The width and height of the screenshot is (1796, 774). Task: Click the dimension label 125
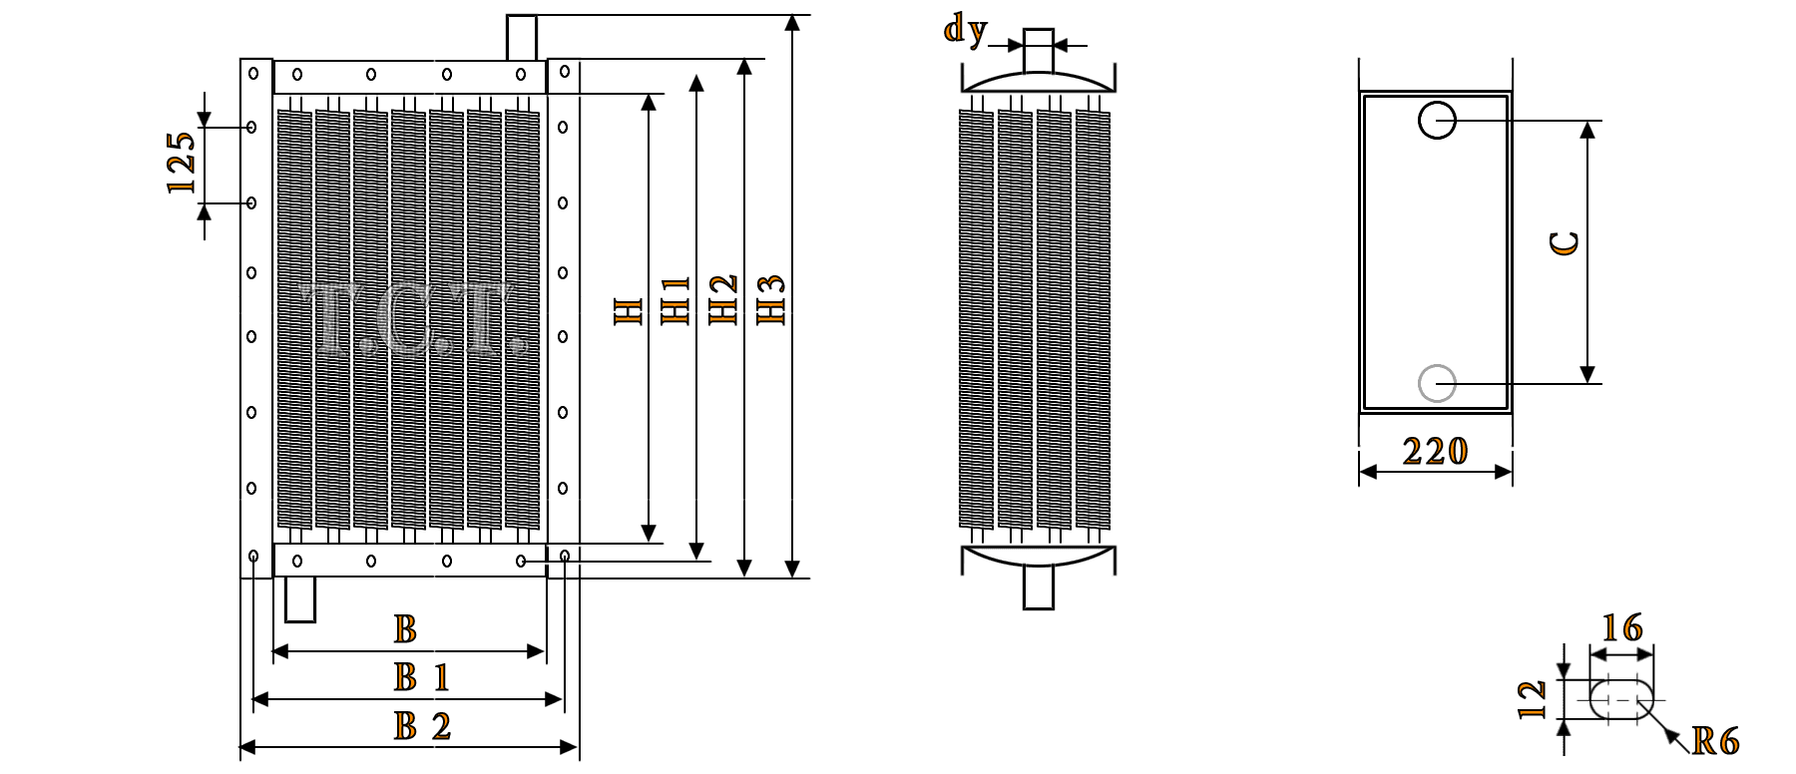tap(182, 163)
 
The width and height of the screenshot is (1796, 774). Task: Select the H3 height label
tap(771, 299)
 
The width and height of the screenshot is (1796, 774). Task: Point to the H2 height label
tap(723, 299)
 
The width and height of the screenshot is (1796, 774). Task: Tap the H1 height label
tap(675, 300)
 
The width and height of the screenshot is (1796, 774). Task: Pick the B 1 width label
tap(421, 678)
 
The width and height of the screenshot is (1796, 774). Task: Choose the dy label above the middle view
tap(965, 31)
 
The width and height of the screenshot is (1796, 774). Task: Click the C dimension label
tap(1566, 243)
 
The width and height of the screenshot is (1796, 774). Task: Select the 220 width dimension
tap(1435, 452)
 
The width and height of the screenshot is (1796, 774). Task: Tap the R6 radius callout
tap(1715, 741)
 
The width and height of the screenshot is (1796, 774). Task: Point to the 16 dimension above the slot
tap(1621, 628)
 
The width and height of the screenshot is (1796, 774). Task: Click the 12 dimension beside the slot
tap(1532, 699)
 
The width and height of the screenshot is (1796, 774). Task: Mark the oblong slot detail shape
tap(1620, 699)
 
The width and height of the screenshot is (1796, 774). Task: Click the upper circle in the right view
tap(1437, 122)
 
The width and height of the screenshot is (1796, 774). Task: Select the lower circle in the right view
tap(1437, 384)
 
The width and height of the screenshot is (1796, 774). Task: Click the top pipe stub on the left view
tap(522, 37)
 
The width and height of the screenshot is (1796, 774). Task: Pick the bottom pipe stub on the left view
tap(299, 600)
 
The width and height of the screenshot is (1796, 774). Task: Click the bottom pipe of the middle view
tap(1039, 588)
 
